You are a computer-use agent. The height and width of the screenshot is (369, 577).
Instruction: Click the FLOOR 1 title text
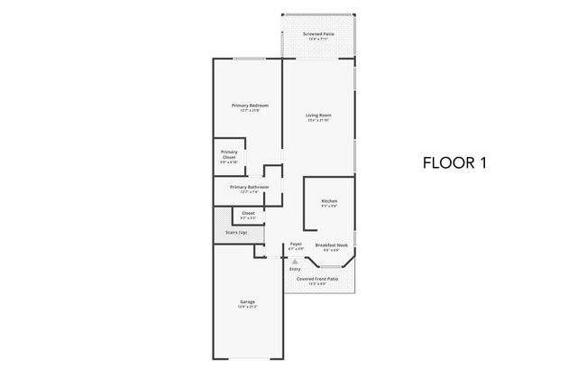click(x=455, y=163)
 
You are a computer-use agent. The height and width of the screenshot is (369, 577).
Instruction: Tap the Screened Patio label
click(x=318, y=34)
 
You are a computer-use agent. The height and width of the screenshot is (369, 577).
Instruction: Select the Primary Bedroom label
click(x=249, y=106)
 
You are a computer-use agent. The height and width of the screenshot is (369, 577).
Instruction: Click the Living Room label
click(x=318, y=115)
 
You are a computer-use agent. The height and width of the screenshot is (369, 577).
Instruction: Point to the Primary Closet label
click(x=229, y=154)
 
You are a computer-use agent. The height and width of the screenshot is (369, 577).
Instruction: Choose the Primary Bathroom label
click(x=249, y=187)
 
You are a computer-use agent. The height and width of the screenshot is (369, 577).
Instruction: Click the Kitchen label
click(x=329, y=200)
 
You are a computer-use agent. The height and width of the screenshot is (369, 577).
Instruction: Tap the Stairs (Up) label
click(x=237, y=233)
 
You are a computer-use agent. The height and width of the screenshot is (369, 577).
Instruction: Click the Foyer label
click(x=296, y=244)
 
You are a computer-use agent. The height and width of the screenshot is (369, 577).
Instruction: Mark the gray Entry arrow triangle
click(x=295, y=261)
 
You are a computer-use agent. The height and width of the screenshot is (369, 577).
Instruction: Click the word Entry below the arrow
click(x=295, y=269)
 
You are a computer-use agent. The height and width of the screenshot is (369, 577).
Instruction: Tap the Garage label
click(x=247, y=301)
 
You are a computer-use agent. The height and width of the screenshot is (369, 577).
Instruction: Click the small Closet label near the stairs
click(x=248, y=213)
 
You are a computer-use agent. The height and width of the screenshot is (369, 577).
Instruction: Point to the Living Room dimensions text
click(x=318, y=120)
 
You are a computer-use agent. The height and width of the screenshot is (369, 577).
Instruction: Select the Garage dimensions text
click(x=247, y=307)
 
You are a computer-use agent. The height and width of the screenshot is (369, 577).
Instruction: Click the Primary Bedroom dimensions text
click(x=249, y=111)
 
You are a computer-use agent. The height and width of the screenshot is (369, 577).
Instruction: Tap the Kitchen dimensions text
click(x=329, y=206)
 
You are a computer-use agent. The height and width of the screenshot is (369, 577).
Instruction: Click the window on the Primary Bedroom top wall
click(x=248, y=60)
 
